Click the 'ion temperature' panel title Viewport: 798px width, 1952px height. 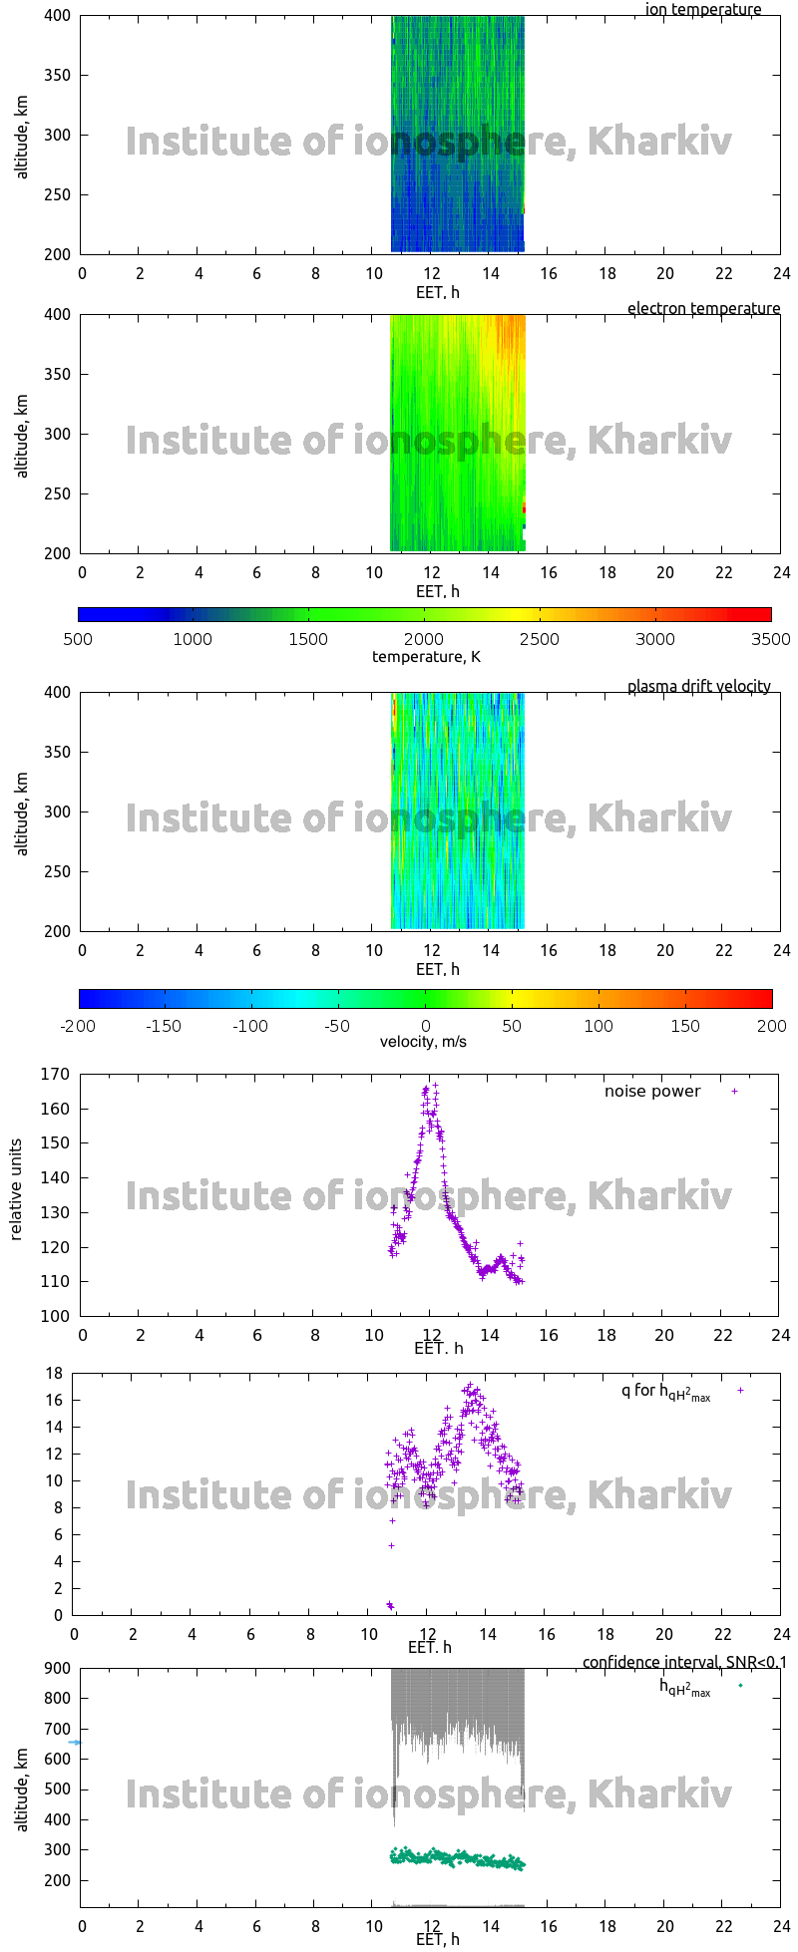tap(703, 10)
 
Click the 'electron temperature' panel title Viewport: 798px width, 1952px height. tap(703, 308)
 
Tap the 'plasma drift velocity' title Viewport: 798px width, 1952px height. tap(698, 686)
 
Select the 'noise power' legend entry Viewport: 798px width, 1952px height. tap(652, 1091)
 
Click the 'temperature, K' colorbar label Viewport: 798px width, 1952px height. tap(426, 656)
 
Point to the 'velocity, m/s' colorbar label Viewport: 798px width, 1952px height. tap(423, 1042)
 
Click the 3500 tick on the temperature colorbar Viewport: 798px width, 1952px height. tap(770, 639)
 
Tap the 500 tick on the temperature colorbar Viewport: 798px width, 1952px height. tap(78, 639)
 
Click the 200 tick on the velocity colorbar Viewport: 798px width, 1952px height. tap(771, 1026)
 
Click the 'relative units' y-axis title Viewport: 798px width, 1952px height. tap(16, 1194)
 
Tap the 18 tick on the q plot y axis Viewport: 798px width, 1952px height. tap(54, 1374)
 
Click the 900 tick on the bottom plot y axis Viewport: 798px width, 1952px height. tap(56, 1669)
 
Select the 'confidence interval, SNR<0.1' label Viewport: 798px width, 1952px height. tap(684, 1662)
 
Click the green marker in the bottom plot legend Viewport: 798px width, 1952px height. tap(740, 1685)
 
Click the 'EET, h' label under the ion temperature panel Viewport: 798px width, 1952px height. tap(437, 292)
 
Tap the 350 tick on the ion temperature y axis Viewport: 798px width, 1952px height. tap(56, 75)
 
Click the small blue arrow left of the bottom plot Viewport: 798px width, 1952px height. tap(75, 1743)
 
